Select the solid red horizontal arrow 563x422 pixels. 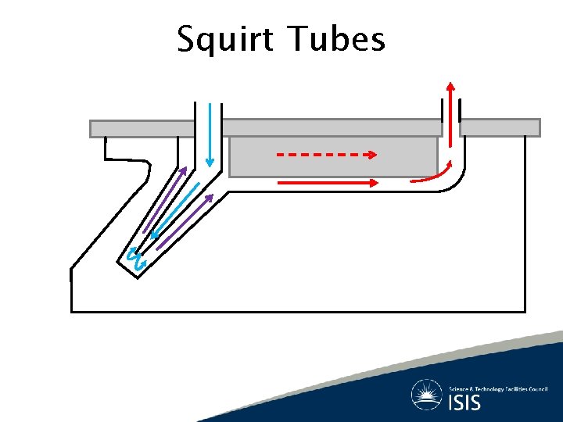click(328, 182)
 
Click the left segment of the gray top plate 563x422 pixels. click(142, 127)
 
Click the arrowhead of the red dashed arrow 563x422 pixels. click(372, 155)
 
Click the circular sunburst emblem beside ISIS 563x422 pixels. click(427, 395)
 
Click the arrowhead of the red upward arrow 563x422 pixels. click(450, 85)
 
